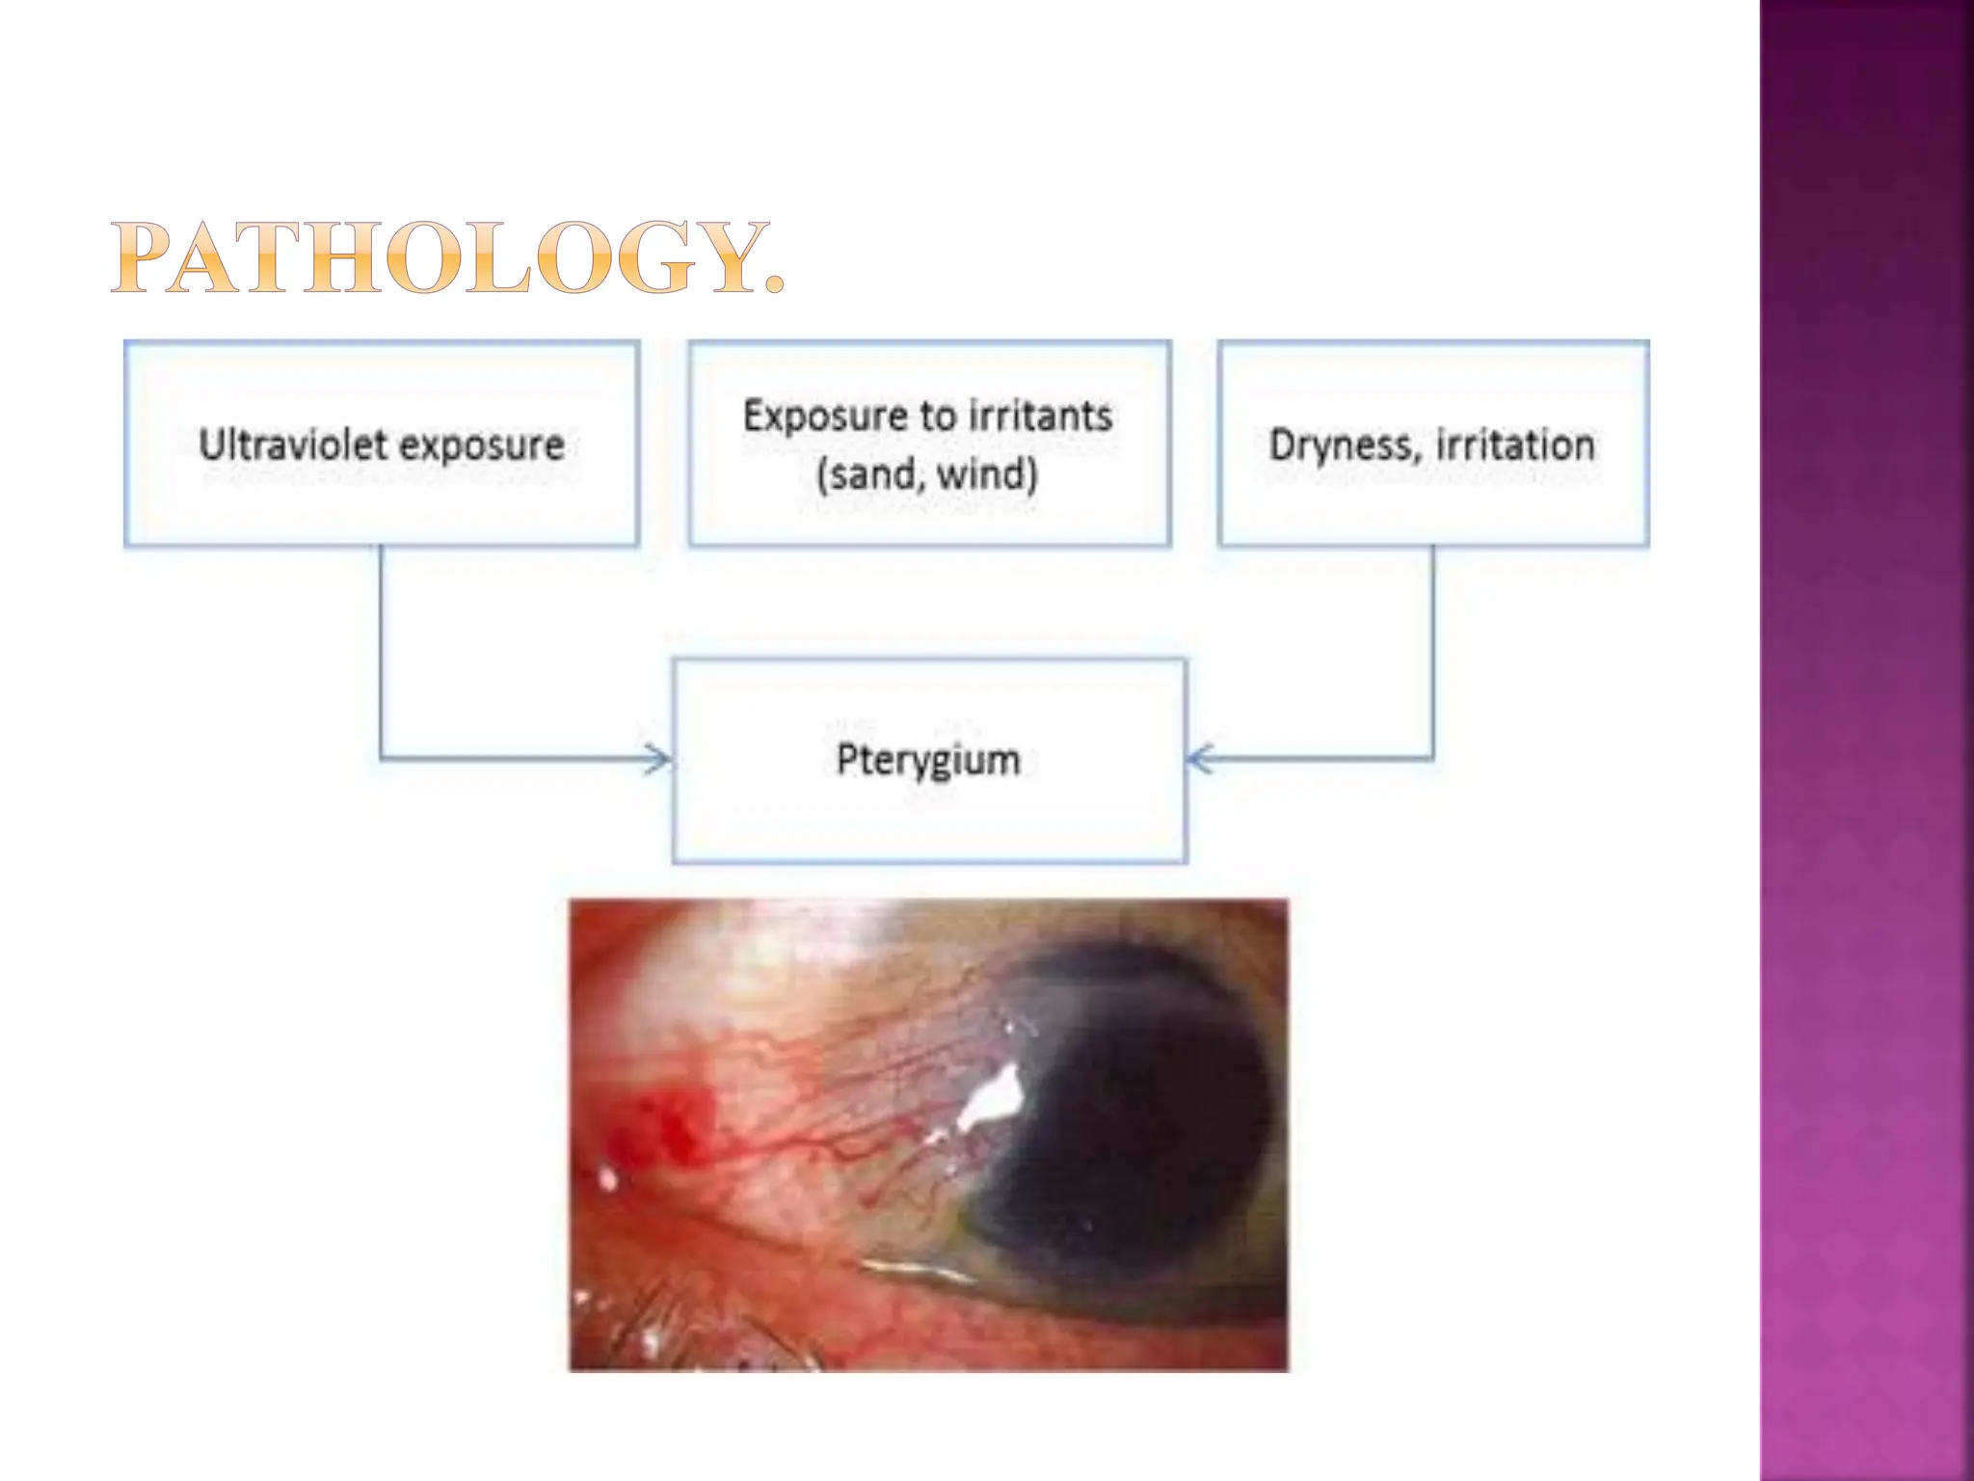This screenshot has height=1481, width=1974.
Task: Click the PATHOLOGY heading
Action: click(x=447, y=257)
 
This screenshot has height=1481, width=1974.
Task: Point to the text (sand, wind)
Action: click(x=927, y=474)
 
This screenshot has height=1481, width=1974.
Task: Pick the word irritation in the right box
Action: click(x=1515, y=445)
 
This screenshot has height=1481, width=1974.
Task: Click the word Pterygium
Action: click(x=928, y=761)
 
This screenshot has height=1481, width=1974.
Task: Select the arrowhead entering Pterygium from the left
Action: click(x=660, y=759)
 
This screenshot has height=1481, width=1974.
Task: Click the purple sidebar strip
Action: click(x=1866, y=740)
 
